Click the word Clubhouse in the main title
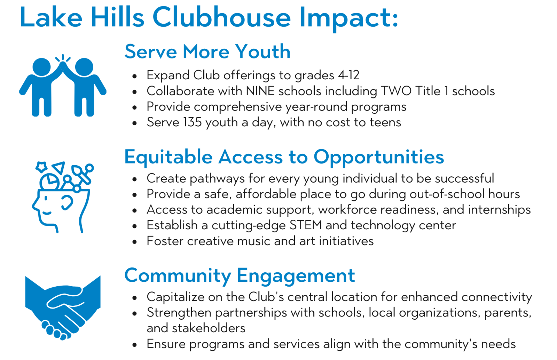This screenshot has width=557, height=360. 221,17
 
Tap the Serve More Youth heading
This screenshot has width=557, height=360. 207,52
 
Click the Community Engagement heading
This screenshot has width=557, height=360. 240,276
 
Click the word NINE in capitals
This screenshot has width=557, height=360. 260,91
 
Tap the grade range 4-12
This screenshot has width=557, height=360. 348,75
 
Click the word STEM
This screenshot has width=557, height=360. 306,225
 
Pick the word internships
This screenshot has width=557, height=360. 499,209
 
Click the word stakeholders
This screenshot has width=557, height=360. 209,328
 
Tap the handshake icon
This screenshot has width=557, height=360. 63,308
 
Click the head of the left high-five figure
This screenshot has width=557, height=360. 41,67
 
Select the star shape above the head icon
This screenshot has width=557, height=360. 41,167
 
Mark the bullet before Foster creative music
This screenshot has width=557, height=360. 135,241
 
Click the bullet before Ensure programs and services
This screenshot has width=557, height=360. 135,345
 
